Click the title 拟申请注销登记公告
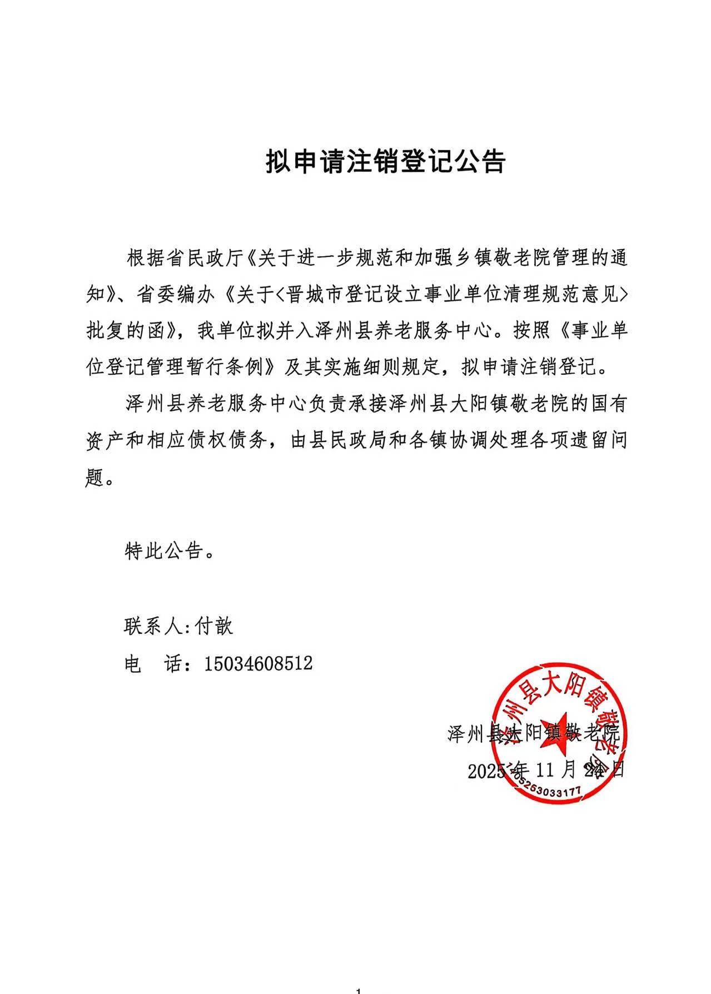(x=385, y=162)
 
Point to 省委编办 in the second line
(x=177, y=295)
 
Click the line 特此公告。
(x=170, y=551)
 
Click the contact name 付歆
(x=214, y=626)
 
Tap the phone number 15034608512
(x=258, y=663)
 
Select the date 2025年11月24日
(x=546, y=771)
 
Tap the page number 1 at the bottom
(x=358, y=990)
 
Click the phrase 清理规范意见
(x=563, y=295)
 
